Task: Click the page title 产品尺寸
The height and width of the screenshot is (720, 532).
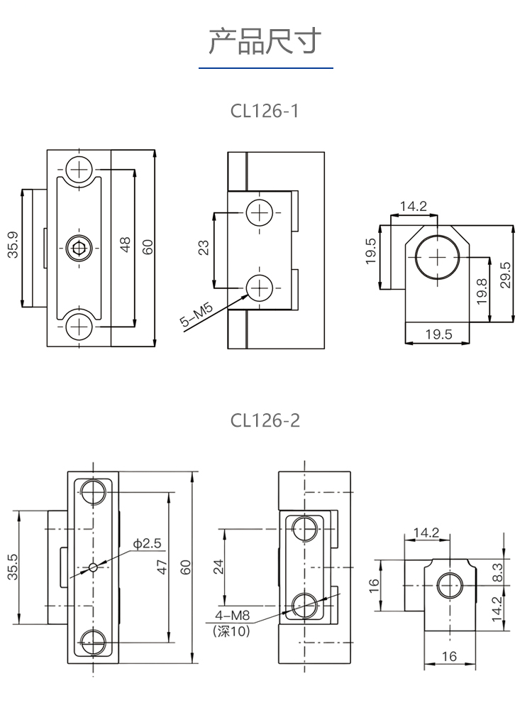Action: pos(265,42)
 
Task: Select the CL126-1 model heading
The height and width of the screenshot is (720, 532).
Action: pos(265,111)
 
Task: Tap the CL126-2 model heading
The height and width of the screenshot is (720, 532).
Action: pos(265,420)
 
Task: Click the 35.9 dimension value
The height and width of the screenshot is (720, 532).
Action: pos(13,245)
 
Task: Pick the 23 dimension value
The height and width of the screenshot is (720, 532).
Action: pos(204,249)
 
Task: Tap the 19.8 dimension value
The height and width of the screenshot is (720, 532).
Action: pos(482,291)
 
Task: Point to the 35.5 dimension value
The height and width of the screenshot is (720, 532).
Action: pos(13,567)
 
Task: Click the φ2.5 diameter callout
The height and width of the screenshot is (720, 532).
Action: pos(148,544)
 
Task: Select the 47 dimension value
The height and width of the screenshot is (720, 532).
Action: pos(162,567)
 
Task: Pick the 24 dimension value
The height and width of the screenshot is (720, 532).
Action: pos(219,566)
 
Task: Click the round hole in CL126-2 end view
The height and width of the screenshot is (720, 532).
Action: pos(450,585)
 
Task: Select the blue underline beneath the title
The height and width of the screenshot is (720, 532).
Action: pos(265,68)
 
